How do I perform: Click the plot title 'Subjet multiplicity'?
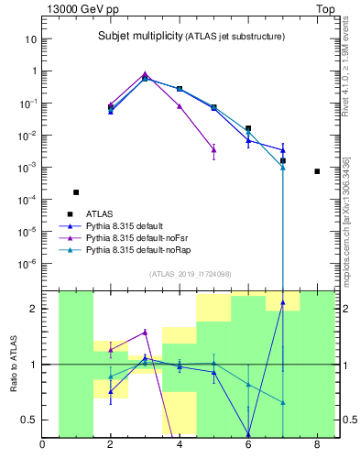pos(137,36)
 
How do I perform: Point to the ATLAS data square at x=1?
pos(76,192)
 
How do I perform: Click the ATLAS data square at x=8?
pos(317,171)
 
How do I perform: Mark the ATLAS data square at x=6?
pos(248,128)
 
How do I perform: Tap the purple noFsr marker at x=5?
pos(213,149)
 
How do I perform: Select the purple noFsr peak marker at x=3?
pos(145,74)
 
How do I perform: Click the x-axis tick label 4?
pos(180,446)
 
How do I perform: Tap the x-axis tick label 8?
pos(317,446)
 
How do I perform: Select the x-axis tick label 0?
pos(42,446)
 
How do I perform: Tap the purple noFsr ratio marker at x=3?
pos(145,333)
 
